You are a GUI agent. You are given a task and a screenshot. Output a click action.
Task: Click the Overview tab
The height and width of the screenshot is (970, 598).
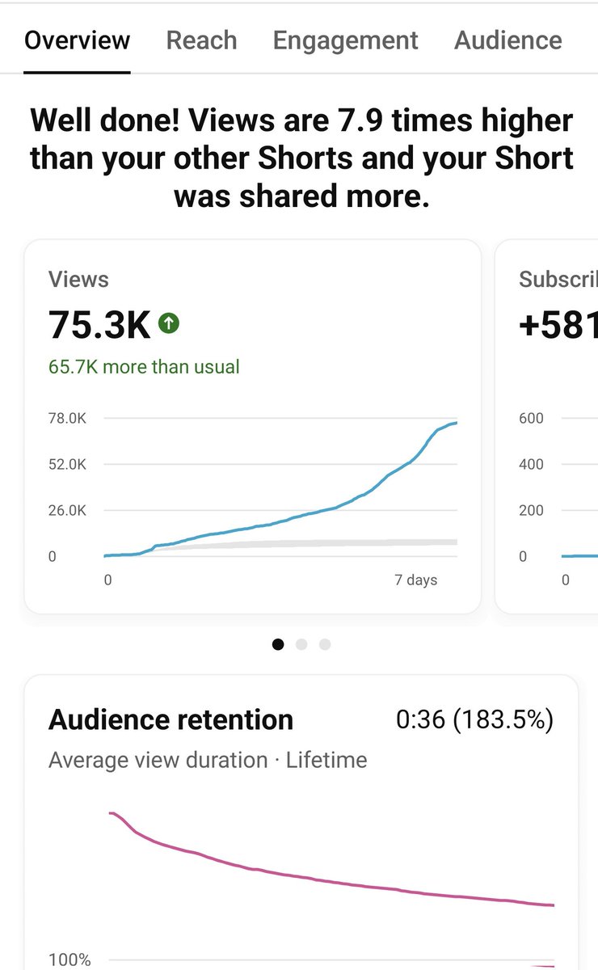(77, 40)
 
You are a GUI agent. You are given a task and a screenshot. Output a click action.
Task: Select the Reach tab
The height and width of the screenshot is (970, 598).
(201, 40)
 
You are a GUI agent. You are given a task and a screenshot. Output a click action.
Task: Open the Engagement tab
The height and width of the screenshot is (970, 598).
(345, 40)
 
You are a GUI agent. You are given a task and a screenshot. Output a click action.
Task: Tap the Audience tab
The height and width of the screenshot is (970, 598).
(507, 40)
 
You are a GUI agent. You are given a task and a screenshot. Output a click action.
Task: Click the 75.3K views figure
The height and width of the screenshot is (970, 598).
(99, 325)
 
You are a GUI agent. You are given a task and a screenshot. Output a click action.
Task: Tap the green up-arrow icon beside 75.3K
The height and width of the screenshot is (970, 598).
(169, 324)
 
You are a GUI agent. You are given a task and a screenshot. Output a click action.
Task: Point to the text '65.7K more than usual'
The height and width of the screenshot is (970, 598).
(144, 366)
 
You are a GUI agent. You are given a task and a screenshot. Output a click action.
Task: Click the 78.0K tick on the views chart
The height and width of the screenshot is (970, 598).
(67, 419)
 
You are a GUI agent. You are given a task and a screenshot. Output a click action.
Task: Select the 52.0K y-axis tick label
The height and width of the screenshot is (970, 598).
(67, 465)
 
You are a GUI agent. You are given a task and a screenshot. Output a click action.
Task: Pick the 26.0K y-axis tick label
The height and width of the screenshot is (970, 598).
(67, 511)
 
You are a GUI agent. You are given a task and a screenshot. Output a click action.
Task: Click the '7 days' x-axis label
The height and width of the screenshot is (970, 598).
(416, 580)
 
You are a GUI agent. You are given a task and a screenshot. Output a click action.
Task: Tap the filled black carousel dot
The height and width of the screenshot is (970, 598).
(279, 644)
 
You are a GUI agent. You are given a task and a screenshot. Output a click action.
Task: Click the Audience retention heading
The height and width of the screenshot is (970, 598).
(171, 719)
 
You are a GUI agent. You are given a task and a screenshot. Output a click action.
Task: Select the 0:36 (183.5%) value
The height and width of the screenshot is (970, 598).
(474, 719)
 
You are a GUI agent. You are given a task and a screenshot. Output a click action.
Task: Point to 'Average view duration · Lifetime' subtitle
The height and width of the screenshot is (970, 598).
(208, 760)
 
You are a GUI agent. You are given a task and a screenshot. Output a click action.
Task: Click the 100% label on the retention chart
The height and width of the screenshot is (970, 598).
(69, 959)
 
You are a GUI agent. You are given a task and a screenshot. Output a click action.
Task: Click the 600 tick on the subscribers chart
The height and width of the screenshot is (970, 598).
(531, 419)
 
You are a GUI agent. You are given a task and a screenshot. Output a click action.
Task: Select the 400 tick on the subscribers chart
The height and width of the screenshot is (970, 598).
(531, 465)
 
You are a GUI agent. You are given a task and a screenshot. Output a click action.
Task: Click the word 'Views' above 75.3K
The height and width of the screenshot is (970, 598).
(78, 280)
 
